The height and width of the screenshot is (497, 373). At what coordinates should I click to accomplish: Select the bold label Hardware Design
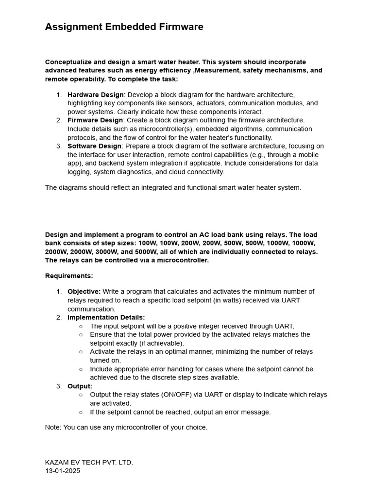(x=95, y=95)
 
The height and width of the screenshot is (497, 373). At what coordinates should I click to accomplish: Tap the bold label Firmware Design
(x=95, y=120)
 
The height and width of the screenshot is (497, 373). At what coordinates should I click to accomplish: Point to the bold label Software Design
(x=94, y=146)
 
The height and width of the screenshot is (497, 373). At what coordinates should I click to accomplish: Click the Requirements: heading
(x=69, y=276)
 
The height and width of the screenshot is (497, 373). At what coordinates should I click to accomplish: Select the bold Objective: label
(x=84, y=292)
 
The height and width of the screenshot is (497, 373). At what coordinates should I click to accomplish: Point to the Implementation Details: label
(x=106, y=317)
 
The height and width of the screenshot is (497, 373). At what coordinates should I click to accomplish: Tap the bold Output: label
(x=80, y=386)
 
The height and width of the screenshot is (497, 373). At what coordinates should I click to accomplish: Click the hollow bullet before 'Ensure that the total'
(x=81, y=335)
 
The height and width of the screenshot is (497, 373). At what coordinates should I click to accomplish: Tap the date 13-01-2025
(x=63, y=471)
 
